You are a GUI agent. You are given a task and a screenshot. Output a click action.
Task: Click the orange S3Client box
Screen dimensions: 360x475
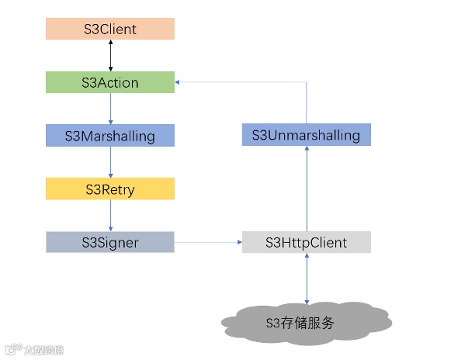[109, 29]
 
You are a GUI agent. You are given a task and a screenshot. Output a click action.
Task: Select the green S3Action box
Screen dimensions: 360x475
[109, 82]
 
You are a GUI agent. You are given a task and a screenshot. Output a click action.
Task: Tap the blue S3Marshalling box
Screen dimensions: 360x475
[109, 136]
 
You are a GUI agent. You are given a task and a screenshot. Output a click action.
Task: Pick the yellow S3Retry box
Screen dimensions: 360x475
[109, 189]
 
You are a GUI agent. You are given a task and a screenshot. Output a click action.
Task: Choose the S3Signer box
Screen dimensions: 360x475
[109, 242]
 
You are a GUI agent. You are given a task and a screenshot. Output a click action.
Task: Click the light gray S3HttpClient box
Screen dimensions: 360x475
[306, 242]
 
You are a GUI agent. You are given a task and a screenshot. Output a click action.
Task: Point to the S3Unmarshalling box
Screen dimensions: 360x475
[306, 135]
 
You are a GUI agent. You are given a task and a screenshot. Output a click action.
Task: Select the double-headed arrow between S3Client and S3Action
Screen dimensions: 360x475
[110, 56]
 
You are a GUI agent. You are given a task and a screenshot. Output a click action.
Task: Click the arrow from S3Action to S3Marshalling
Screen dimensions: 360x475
[110, 109]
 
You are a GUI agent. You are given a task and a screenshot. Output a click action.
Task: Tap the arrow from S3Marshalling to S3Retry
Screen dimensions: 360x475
[110, 162]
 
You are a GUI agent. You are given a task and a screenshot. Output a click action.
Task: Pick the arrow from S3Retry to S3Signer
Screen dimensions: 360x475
[110, 215]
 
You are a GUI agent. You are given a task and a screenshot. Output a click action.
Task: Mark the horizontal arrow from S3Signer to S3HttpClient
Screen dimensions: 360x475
[208, 242]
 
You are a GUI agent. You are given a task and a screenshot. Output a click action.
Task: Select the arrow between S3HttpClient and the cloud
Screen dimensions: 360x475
[307, 278]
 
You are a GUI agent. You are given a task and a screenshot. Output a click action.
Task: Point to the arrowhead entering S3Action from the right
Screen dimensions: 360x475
[179, 82]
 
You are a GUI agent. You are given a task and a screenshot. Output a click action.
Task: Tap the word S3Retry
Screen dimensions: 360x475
[109, 189]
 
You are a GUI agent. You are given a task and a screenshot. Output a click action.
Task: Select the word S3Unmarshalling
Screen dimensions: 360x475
[306, 135]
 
